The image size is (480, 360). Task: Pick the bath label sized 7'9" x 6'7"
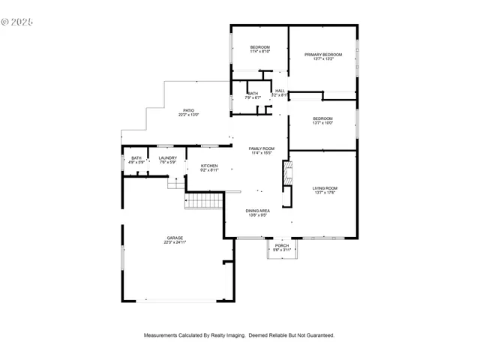[x=253, y=95]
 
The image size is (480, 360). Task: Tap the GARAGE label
[x=175, y=238]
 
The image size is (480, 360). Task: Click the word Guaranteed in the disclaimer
[x=318, y=335]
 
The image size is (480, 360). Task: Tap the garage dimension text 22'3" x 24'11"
[x=175, y=242]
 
